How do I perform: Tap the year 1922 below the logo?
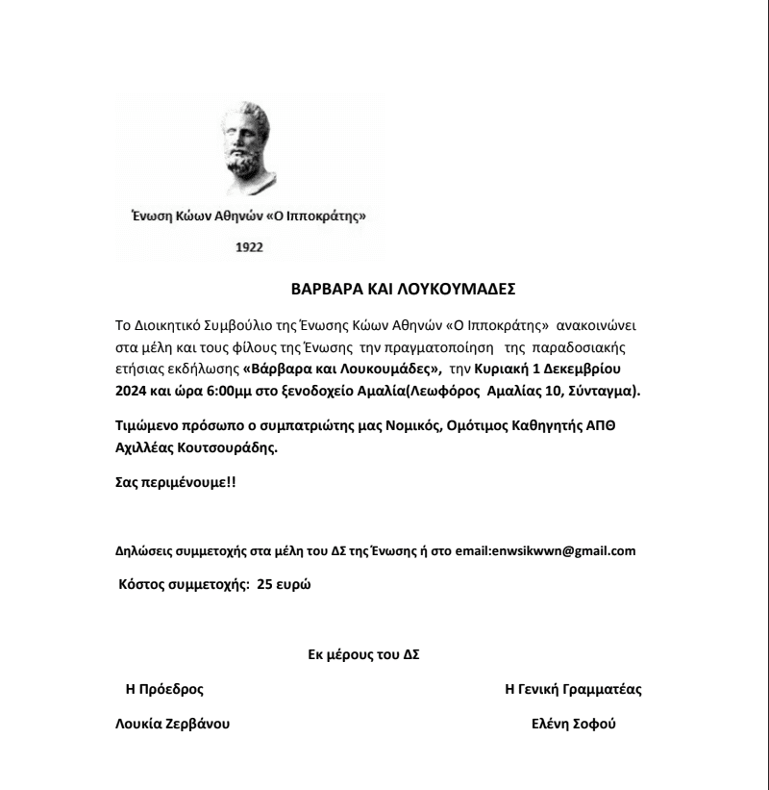[249, 247]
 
